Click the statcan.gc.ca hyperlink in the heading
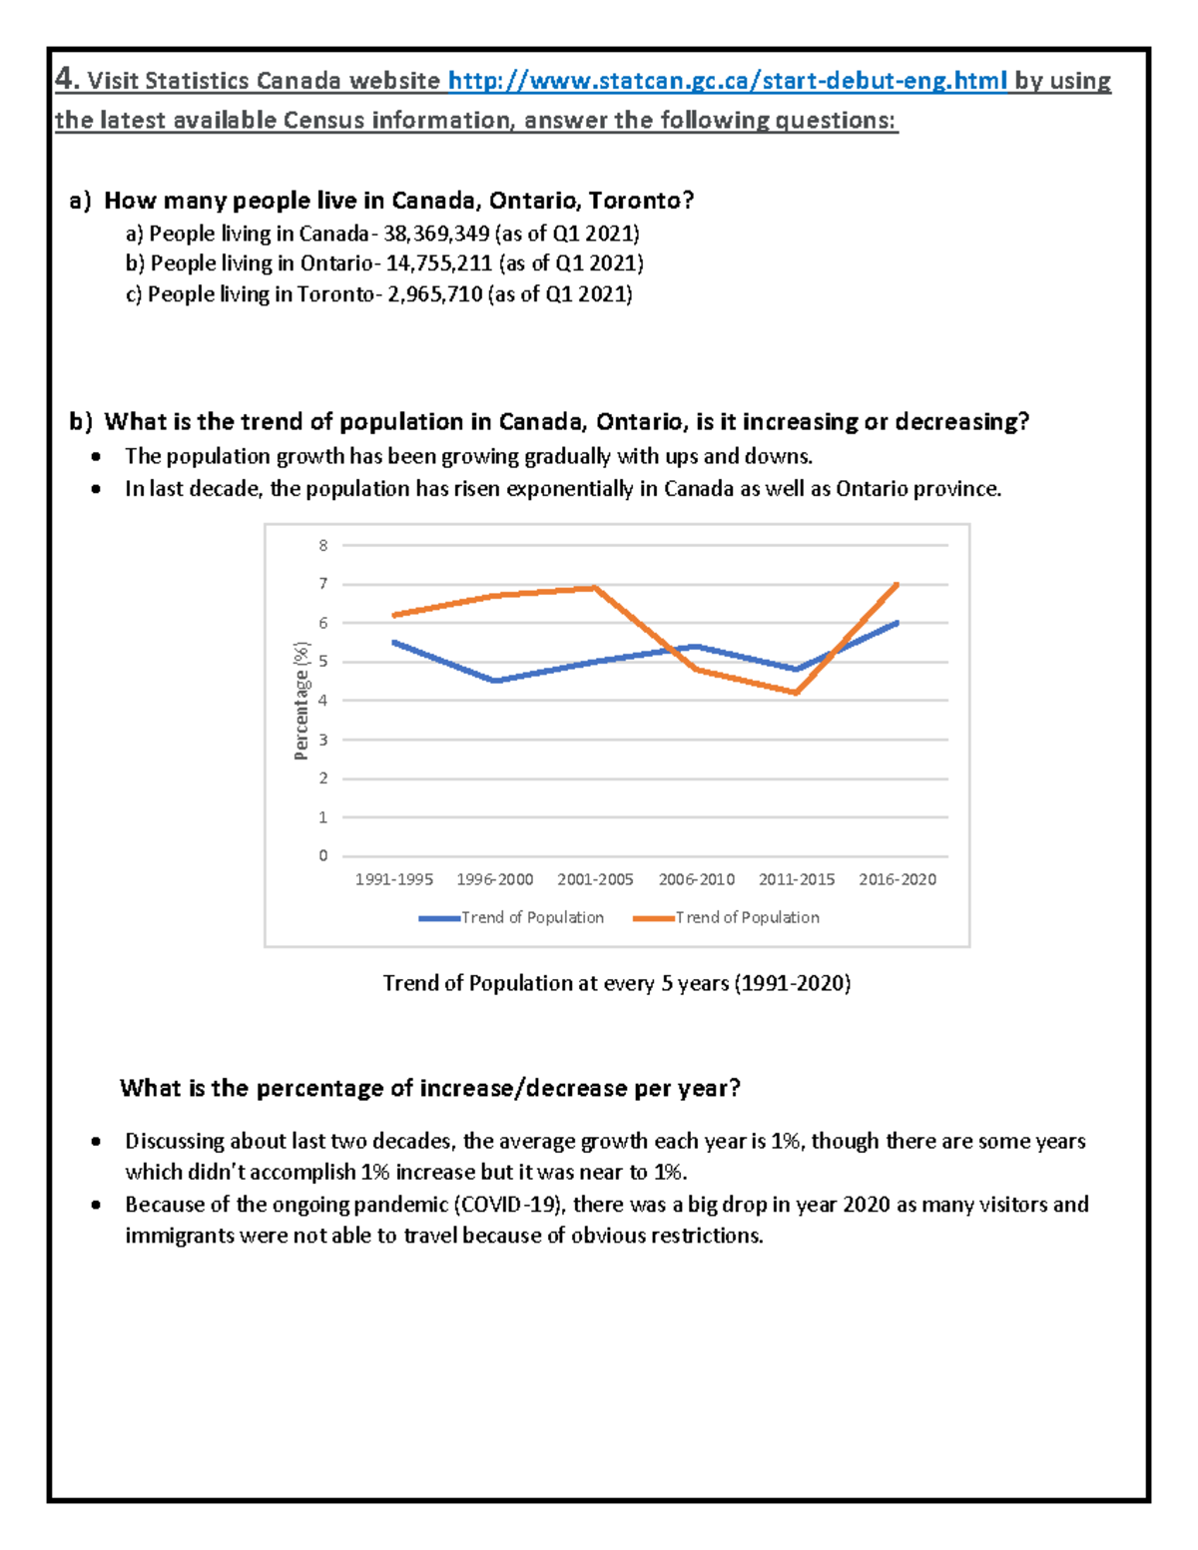click(728, 81)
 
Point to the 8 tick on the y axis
click(322, 545)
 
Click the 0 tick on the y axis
click(322, 855)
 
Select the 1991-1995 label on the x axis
click(394, 879)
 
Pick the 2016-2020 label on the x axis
click(898, 879)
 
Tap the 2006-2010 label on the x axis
click(696, 879)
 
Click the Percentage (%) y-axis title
click(301, 700)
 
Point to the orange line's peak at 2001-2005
click(596, 588)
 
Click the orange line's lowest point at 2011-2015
click(797, 693)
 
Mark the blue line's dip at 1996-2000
click(496, 681)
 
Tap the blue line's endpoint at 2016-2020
click(898, 623)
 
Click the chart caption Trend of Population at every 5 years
click(616, 983)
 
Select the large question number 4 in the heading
click(65, 79)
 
